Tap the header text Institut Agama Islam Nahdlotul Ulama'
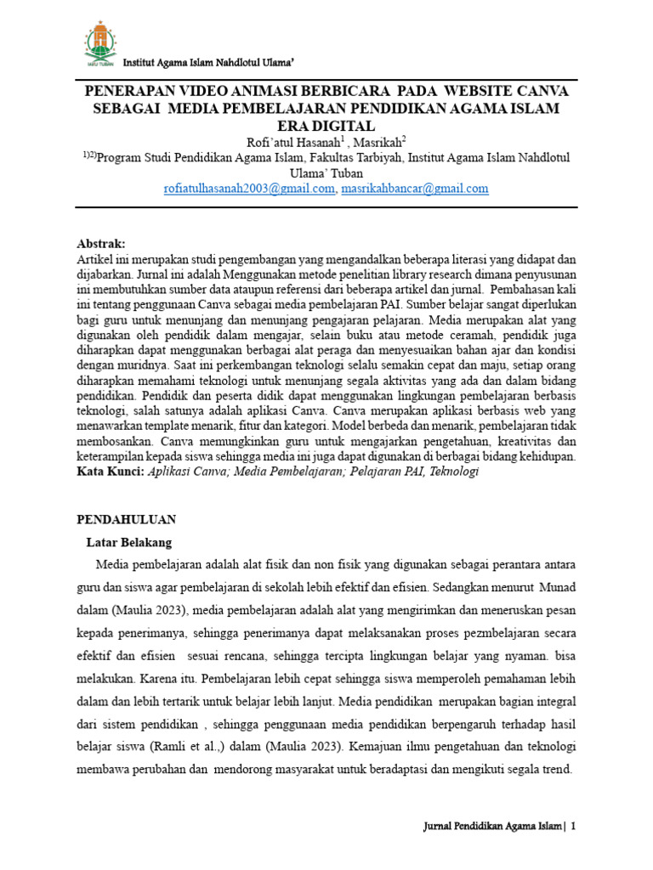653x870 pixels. pyautogui.click(x=209, y=64)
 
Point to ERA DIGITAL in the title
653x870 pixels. pyautogui.click(x=326, y=126)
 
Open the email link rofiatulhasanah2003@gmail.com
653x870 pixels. pyautogui.click(x=250, y=189)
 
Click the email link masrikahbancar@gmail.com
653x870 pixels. pyautogui.click(x=414, y=189)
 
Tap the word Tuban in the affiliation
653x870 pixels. pyautogui.click(x=344, y=173)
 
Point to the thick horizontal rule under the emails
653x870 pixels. pyautogui.click(x=326, y=206)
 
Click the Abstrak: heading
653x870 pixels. pyautogui.click(x=101, y=242)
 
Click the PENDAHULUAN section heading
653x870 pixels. pyautogui.click(x=126, y=518)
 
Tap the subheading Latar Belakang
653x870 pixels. pyautogui.click(x=129, y=541)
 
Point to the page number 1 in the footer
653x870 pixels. pyautogui.click(x=573, y=827)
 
